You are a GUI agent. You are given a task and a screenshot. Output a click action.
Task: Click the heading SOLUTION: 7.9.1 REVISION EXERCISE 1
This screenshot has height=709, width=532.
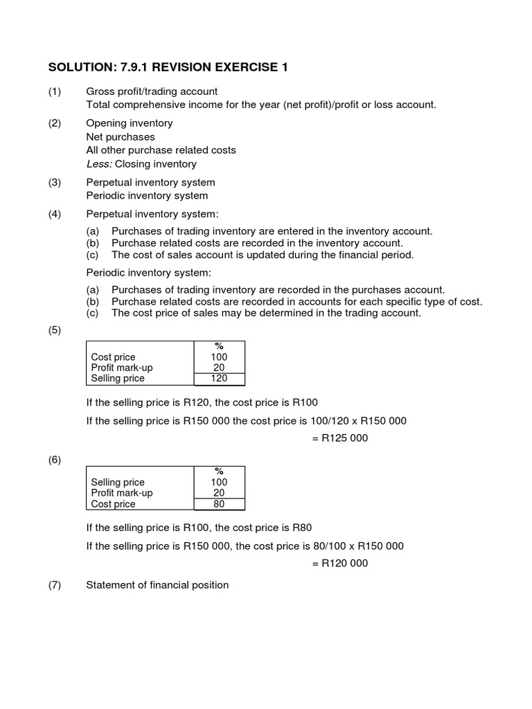click(167, 67)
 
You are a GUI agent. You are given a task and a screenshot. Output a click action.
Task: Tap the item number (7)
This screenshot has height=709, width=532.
click(55, 585)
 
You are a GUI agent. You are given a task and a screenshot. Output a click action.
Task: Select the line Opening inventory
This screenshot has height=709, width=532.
click(129, 123)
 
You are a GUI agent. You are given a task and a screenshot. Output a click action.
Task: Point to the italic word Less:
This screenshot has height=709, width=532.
click(99, 164)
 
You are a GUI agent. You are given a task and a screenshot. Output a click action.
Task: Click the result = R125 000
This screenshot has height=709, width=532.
click(340, 438)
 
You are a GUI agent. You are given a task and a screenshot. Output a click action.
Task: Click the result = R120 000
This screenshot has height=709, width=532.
click(340, 563)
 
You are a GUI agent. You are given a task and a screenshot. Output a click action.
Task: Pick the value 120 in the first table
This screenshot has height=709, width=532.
click(219, 379)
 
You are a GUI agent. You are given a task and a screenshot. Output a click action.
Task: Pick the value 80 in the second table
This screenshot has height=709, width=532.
click(219, 504)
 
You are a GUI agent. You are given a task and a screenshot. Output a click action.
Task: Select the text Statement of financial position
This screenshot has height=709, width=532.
click(157, 585)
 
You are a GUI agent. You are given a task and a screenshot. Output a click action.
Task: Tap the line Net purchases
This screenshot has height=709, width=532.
click(120, 137)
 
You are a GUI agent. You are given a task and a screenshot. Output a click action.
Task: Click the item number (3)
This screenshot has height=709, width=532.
click(55, 182)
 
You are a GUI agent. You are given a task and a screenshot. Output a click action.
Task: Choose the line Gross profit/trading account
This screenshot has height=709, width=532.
click(151, 91)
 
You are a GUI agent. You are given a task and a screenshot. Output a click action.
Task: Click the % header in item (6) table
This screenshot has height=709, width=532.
click(219, 472)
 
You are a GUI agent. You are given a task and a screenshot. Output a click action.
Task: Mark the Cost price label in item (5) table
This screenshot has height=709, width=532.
click(113, 357)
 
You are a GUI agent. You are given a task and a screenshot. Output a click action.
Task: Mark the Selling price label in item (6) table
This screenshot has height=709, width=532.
click(118, 483)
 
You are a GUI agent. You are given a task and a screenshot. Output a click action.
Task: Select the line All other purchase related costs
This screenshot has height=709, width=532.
click(161, 150)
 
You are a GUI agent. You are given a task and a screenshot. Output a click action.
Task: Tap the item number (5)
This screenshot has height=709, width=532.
click(55, 330)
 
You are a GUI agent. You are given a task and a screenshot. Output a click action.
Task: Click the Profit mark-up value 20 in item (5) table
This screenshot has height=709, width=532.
click(219, 368)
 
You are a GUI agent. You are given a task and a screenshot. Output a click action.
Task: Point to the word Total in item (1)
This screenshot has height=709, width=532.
click(98, 105)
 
